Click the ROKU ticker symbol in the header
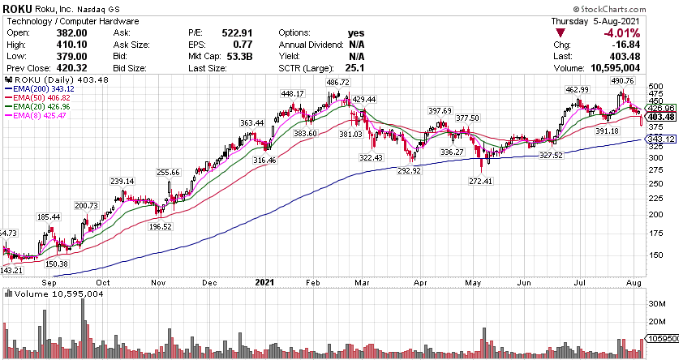pos(19,8)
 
